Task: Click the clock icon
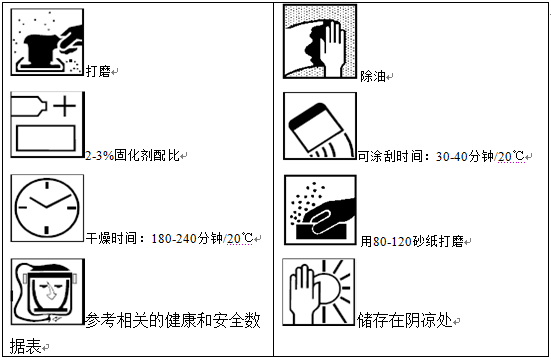coord(46,208)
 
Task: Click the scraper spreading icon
coord(319,125)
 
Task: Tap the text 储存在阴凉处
coord(405,321)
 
